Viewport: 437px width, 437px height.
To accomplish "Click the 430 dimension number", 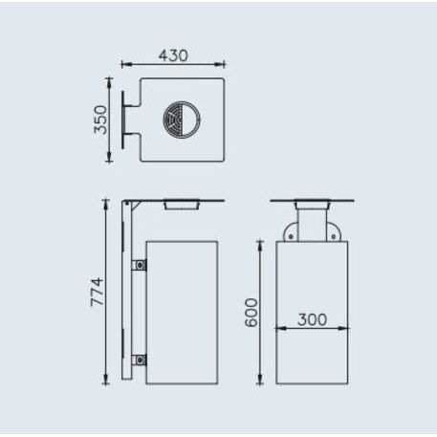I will tap(173, 56).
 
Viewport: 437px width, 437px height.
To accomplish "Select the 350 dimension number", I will tap(99, 120).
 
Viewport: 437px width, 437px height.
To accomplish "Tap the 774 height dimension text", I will tap(97, 291).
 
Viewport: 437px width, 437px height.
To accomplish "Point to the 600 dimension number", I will tap(251, 312).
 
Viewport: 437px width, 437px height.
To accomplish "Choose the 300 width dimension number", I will tap(312, 319).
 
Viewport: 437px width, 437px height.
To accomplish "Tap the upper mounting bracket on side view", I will tap(141, 264).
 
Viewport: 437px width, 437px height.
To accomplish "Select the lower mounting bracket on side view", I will tap(141, 360).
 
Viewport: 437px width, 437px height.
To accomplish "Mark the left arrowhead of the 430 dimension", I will tap(124, 66).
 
